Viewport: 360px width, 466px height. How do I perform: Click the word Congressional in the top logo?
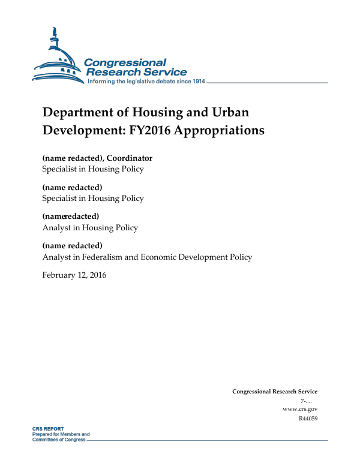tap(125, 62)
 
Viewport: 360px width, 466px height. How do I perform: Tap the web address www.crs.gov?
tap(299, 409)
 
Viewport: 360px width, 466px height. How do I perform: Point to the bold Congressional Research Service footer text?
tap(275, 392)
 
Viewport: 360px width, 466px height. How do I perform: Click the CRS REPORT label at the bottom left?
tap(48, 429)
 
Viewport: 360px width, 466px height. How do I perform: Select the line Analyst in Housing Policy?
tap(90, 228)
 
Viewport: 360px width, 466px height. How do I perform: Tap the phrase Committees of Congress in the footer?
tap(59, 440)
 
